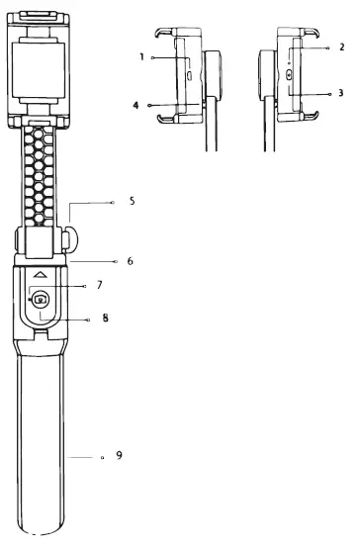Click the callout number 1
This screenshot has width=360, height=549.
coord(141,56)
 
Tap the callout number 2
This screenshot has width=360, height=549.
coord(342,46)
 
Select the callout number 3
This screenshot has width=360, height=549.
coord(341,93)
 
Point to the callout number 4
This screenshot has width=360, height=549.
coord(135,105)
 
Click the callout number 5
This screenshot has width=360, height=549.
coord(132,201)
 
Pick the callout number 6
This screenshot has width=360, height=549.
coord(131,261)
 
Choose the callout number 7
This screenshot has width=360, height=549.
coord(100,285)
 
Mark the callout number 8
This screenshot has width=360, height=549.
coord(105,318)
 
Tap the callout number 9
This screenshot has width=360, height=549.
coord(119,455)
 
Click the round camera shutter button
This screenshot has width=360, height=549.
coord(41,299)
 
